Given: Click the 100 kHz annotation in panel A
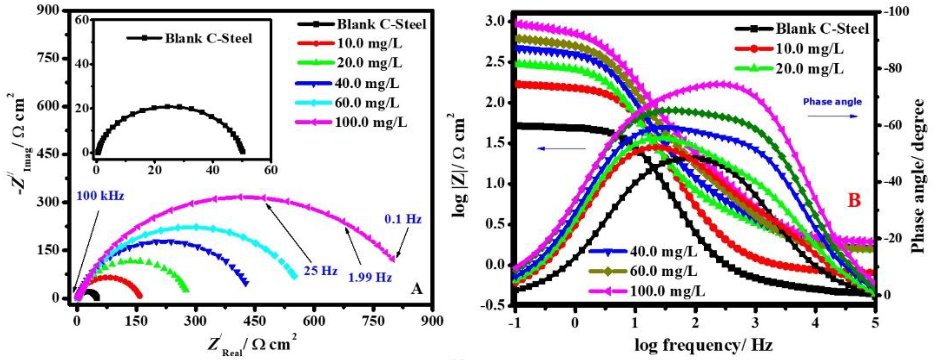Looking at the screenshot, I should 100,196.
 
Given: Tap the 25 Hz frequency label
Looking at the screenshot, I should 320,271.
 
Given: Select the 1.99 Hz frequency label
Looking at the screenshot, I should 370,278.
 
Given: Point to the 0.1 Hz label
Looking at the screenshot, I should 403,219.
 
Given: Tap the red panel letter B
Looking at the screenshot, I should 854,201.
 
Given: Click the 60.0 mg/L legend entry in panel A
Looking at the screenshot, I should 367,103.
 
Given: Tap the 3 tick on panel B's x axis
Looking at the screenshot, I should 755,323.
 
